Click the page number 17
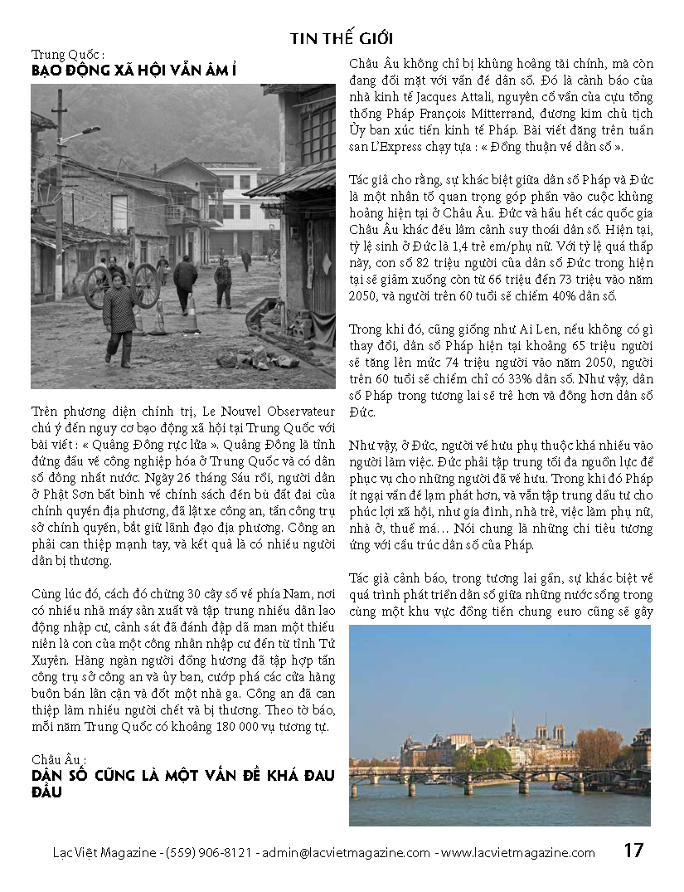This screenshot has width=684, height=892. [x=633, y=851]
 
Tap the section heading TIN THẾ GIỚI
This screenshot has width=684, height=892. [x=342, y=39]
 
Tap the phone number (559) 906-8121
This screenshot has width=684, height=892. [x=210, y=853]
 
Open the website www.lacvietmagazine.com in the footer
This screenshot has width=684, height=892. [x=518, y=853]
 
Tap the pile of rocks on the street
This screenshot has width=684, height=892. [x=256, y=358]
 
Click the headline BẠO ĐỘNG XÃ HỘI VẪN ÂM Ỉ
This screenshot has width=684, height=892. [x=133, y=72]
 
